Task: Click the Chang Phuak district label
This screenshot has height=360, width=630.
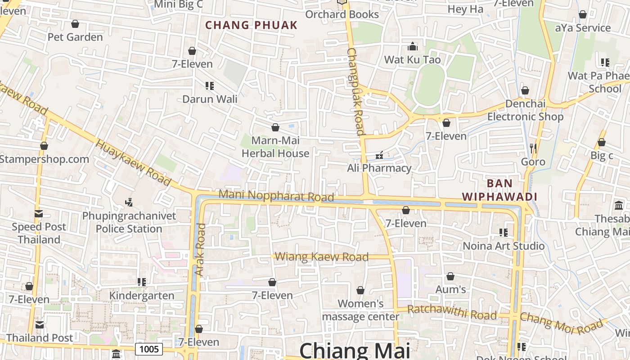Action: tap(252, 25)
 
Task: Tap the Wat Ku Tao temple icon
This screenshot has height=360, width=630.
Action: tap(413, 46)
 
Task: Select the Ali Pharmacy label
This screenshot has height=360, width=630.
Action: tap(379, 168)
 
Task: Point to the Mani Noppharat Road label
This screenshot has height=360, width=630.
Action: tap(276, 196)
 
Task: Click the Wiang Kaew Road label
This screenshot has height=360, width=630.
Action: tap(322, 257)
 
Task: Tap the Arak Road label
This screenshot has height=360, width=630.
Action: tap(200, 250)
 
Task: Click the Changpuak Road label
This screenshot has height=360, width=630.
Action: tap(355, 92)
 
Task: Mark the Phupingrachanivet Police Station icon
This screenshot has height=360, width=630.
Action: tap(129, 202)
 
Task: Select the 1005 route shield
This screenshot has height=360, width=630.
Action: tap(149, 349)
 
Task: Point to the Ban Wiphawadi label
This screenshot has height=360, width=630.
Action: tap(500, 190)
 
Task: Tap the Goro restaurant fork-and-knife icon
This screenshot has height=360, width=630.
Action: tap(533, 148)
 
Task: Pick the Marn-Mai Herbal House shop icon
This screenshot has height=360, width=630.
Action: tap(275, 128)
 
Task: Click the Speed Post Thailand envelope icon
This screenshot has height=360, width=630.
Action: tap(39, 214)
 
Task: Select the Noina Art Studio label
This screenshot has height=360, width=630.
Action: tap(504, 246)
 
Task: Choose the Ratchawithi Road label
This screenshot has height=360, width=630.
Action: tap(452, 312)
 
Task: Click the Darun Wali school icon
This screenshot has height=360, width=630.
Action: tap(209, 85)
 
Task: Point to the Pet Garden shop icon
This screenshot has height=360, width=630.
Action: tap(75, 24)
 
